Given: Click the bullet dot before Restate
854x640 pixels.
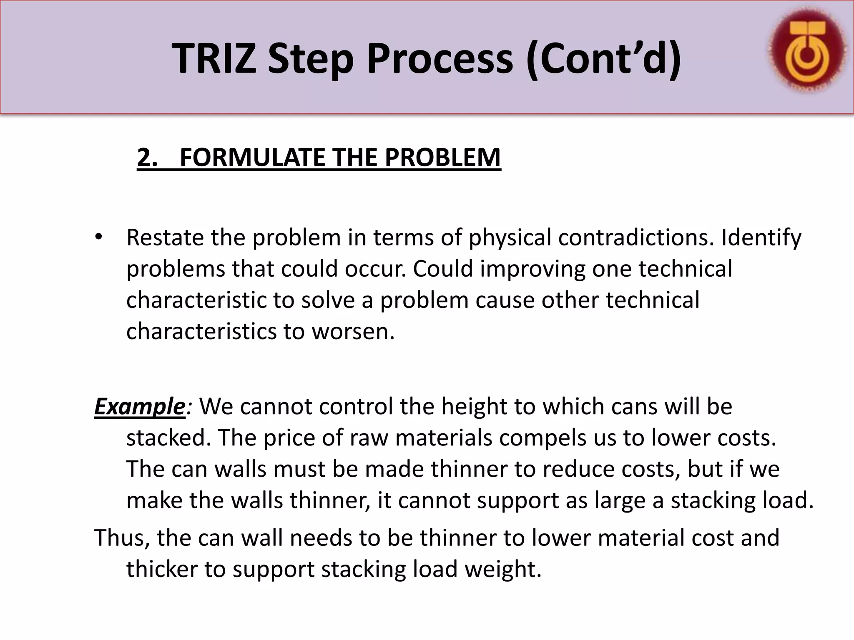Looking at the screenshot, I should tap(98, 237).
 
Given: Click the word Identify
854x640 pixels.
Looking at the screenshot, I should tap(761, 237).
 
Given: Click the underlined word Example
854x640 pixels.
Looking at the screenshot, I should tap(140, 406).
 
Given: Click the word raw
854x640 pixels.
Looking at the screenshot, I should tap(369, 438).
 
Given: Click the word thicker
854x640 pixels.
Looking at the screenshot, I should tap(162, 569).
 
